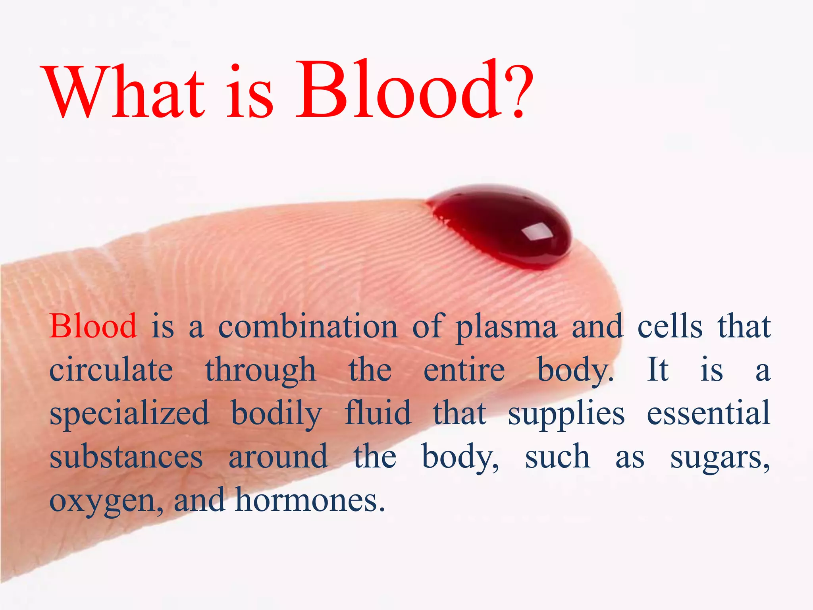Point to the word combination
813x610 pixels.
pos(308,326)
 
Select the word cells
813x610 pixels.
pos(670,326)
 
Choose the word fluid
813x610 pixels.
pos(378,413)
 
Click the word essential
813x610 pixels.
pos(709,413)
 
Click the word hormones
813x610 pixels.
pos(310,500)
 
